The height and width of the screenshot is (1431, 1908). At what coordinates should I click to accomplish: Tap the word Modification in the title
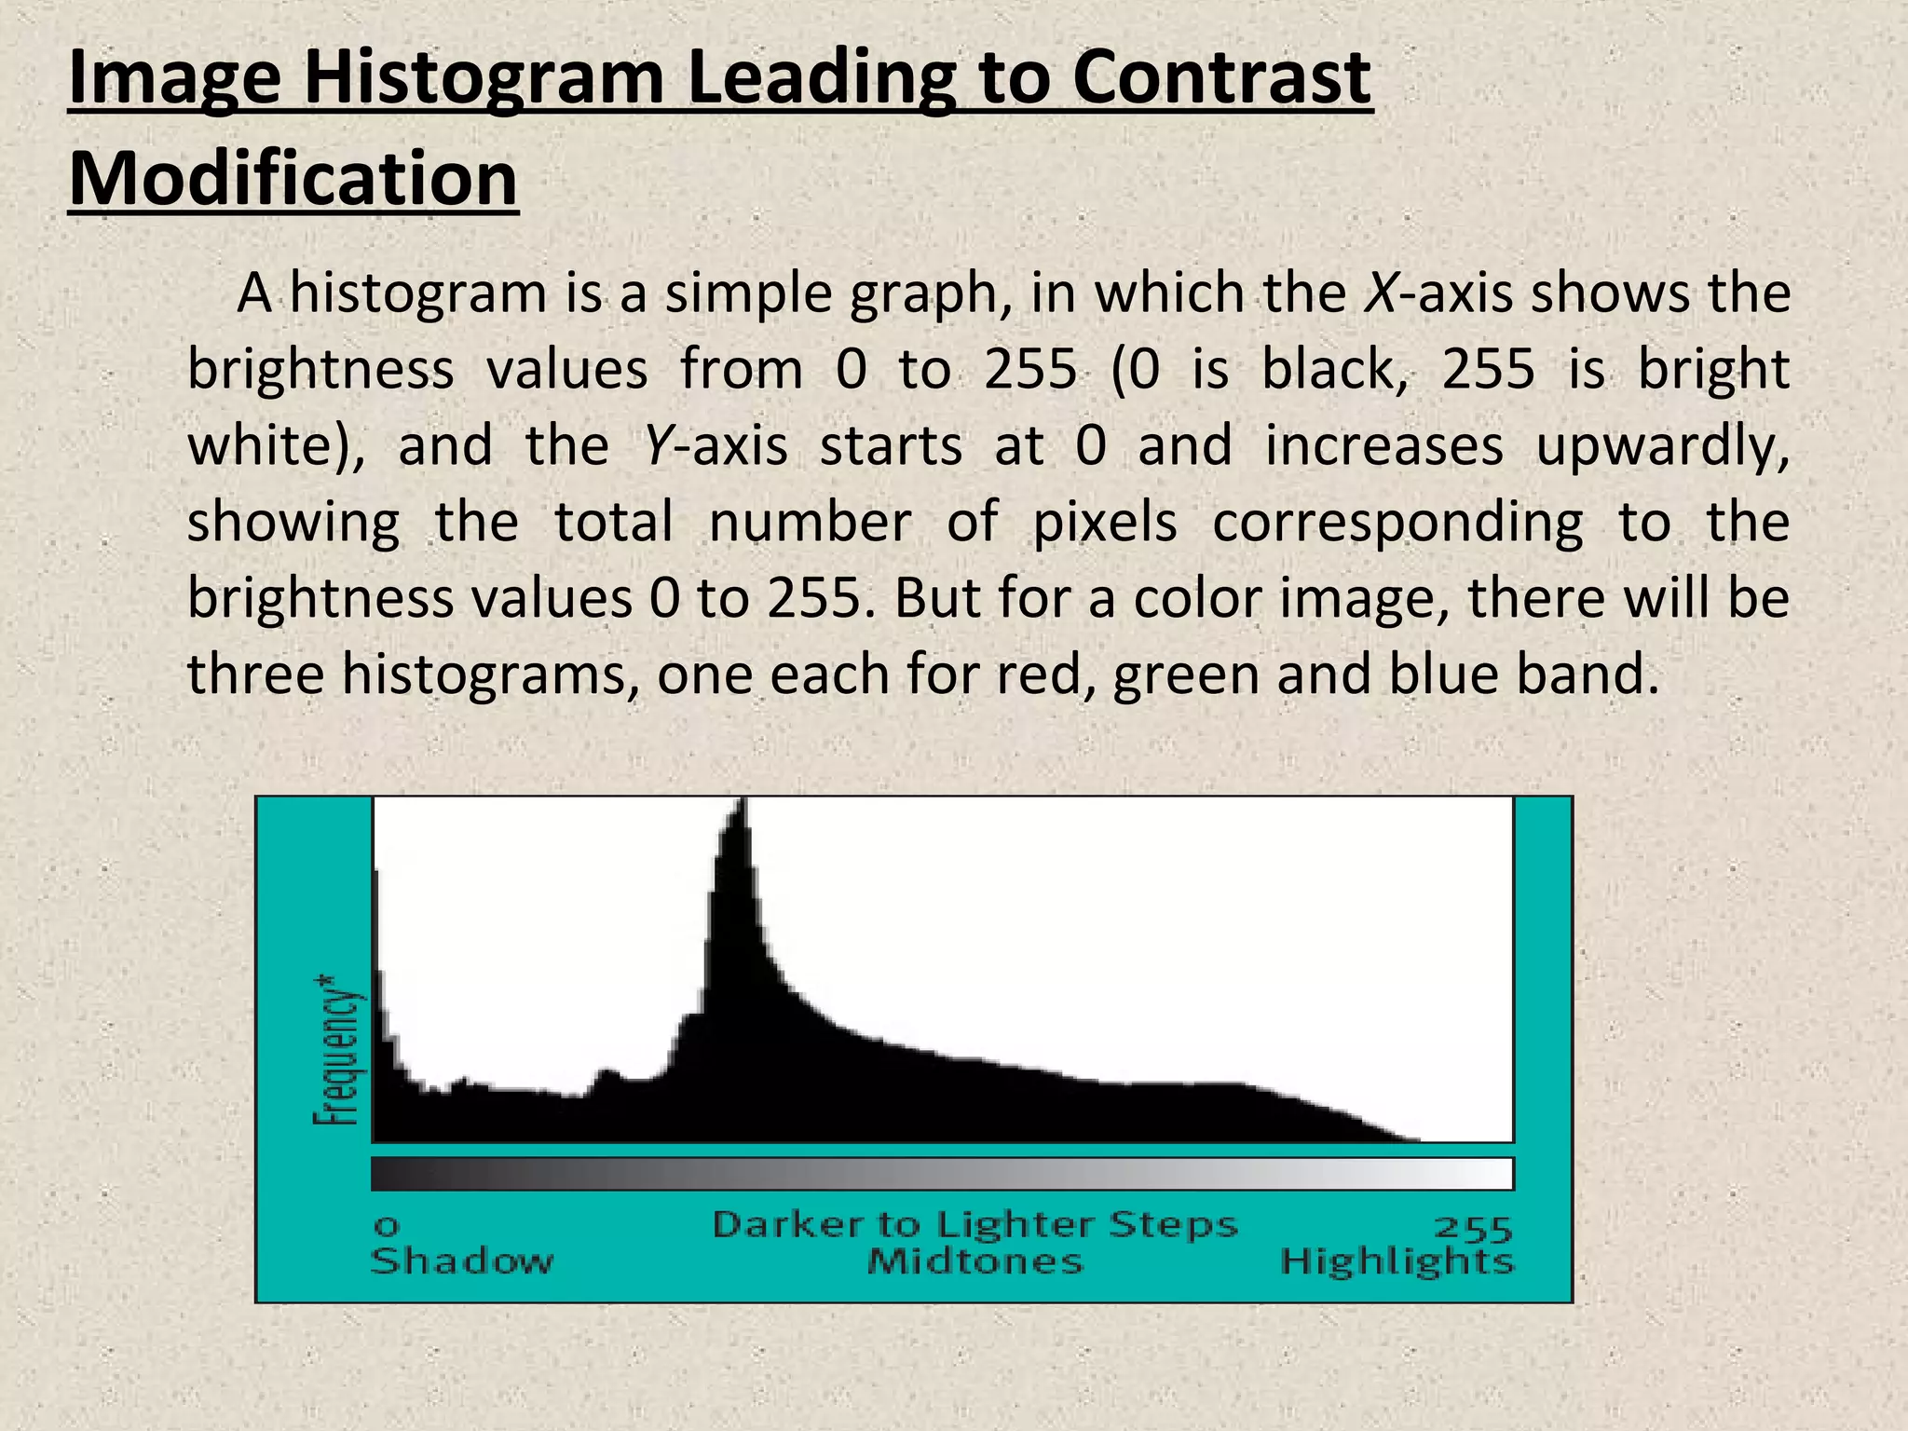(293, 179)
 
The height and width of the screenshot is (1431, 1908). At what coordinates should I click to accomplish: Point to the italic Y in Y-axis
(656, 446)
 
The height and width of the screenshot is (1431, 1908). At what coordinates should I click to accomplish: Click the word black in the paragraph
(1333, 370)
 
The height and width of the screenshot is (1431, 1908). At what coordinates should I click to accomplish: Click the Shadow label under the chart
(462, 1262)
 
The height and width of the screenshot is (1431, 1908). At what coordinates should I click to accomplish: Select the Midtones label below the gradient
(974, 1262)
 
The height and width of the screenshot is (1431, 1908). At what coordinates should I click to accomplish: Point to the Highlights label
(1397, 1262)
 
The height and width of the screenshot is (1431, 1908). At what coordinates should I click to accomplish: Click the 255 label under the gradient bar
(1473, 1229)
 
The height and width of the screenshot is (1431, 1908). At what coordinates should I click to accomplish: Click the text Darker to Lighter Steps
(974, 1224)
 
